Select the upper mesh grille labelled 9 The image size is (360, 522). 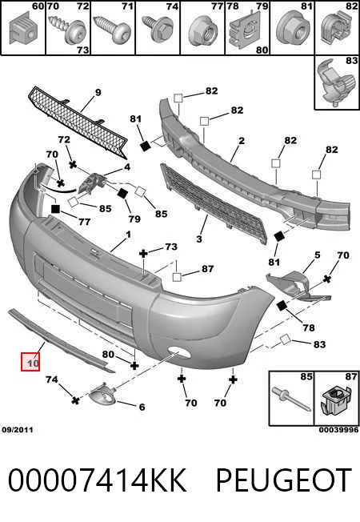pos(78,122)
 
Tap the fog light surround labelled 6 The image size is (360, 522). pos(102,396)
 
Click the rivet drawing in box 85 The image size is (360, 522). pos(291,400)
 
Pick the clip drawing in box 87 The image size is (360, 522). pos(337,402)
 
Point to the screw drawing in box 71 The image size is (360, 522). pos(112,29)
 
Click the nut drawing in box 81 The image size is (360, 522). pos(293,30)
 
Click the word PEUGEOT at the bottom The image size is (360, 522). pos(284,480)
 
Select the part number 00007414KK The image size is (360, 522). pos(97,480)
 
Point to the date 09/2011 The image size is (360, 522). pos(18,430)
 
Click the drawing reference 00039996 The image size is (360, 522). pos(338,430)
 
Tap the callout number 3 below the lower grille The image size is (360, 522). pos(199,239)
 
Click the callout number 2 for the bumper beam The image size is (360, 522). pos(242,141)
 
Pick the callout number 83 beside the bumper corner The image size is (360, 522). pos(319,344)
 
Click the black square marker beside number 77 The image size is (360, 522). pos(55,209)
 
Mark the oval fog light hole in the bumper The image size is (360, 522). pos(179,352)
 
